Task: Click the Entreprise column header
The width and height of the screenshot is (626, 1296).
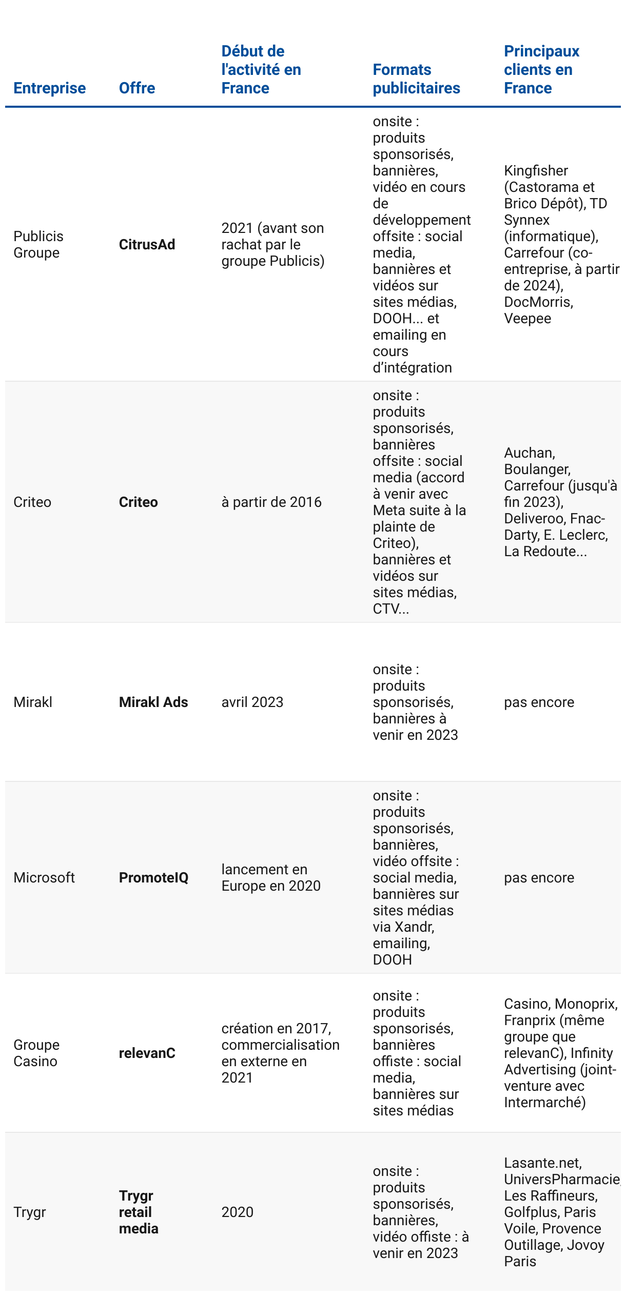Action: click(49, 88)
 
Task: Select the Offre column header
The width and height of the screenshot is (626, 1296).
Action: click(136, 88)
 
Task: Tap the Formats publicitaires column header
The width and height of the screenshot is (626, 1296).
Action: click(416, 79)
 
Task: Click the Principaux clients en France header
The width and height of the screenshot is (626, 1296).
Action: click(541, 70)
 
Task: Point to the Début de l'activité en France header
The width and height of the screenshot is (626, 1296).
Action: click(261, 70)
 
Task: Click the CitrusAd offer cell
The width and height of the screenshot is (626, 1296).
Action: click(147, 245)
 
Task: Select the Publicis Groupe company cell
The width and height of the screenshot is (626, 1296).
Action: click(38, 245)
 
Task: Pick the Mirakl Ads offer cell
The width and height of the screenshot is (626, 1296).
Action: click(153, 702)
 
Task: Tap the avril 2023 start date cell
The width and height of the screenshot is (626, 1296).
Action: click(252, 702)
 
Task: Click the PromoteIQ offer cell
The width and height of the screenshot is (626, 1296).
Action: click(153, 878)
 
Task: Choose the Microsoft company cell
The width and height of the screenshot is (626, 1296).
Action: click(44, 878)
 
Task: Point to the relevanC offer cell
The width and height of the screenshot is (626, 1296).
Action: click(147, 1053)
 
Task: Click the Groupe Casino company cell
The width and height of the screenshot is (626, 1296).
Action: click(36, 1053)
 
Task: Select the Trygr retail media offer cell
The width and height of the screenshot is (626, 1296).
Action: click(139, 1212)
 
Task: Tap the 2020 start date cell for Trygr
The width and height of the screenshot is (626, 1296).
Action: click(237, 1212)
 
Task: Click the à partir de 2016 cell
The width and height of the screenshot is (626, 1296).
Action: click(271, 502)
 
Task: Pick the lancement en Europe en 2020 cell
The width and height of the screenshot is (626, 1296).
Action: click(270, 878)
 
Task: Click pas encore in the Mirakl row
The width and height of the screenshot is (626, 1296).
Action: click(539, 702)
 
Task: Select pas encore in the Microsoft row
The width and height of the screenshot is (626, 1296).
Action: click(539, 878)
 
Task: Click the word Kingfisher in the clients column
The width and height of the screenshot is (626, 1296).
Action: click(536, 171)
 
